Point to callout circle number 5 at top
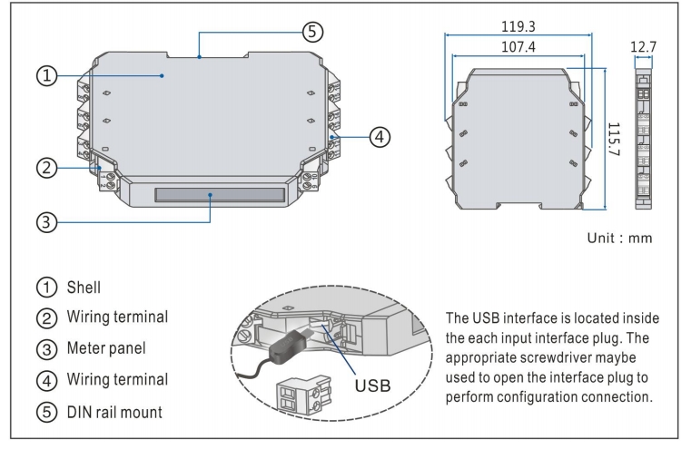pyautogui.click(x=311, y=30)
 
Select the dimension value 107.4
pyautogui.click(x=518, y=45)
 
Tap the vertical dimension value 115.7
pyautogui.click(x=612, y=138)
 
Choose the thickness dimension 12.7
pyautogui.click(x=645, y=45)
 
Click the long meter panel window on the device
pyautogui.click(x=219, y=194)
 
